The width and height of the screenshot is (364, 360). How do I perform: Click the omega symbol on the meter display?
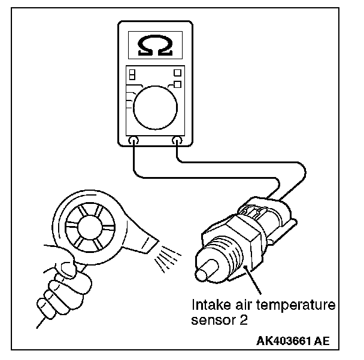pos(155,46)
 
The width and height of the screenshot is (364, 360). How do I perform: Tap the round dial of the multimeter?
pos(155,107)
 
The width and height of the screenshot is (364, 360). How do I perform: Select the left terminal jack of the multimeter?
pos(134,141)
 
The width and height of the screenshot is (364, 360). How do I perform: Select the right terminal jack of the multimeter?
pos(177,141)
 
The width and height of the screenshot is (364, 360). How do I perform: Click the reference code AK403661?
pos(283,341)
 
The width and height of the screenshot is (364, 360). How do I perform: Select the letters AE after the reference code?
pos(322,341)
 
